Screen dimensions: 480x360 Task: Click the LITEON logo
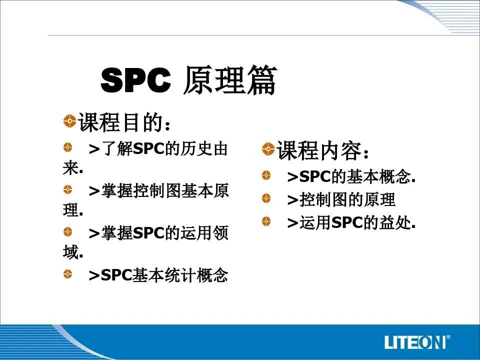(415, 341)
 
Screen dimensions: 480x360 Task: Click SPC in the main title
(135, 80)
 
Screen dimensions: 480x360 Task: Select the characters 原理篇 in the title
(230, 79)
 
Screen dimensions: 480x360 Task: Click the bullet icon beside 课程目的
(70, 120)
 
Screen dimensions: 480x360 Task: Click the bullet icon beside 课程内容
(268, 149)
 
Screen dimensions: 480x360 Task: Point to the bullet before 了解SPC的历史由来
(67, 147)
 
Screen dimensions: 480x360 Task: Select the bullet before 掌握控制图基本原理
(67, 189)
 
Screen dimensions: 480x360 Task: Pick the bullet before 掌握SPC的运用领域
(67, 231)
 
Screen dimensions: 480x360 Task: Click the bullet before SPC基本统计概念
(67, 273)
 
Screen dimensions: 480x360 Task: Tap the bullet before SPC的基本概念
(266, 175)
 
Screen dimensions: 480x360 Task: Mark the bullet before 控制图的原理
(266, 198)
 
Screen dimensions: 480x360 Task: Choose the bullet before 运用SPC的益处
(266, 221)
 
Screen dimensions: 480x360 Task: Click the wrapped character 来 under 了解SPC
(70, 167)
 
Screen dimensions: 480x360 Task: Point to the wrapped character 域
(70, 251)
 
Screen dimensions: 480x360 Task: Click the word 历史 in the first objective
(196, 149)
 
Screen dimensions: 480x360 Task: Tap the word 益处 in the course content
(395, 222)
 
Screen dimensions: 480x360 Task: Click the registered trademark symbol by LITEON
(448, 337)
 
